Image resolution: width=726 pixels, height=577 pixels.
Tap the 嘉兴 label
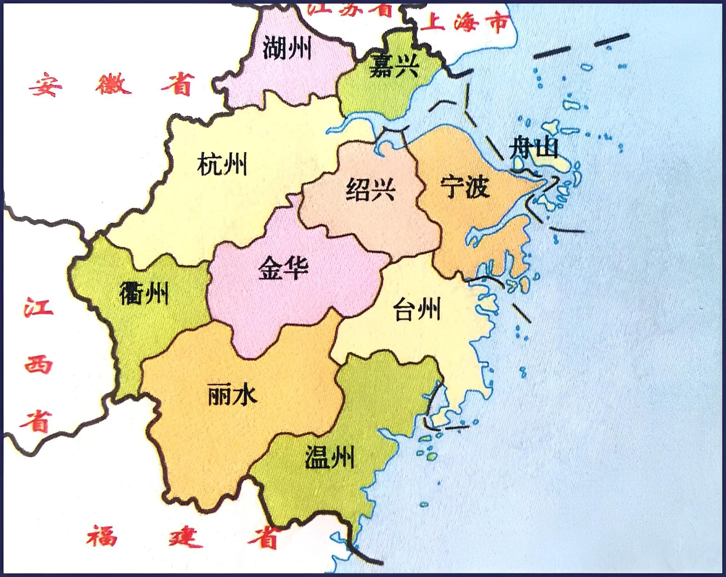click(394, 66)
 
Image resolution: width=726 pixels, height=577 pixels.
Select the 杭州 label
click(222, 164)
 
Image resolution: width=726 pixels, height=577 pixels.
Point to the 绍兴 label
click(370, 189)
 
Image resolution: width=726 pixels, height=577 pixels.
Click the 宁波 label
click(465, 187)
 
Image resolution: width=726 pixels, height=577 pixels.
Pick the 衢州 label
click(144, 293)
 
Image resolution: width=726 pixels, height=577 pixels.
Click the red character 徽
click(112, 84)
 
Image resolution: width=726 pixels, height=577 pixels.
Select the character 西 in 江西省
click(38, 363)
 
